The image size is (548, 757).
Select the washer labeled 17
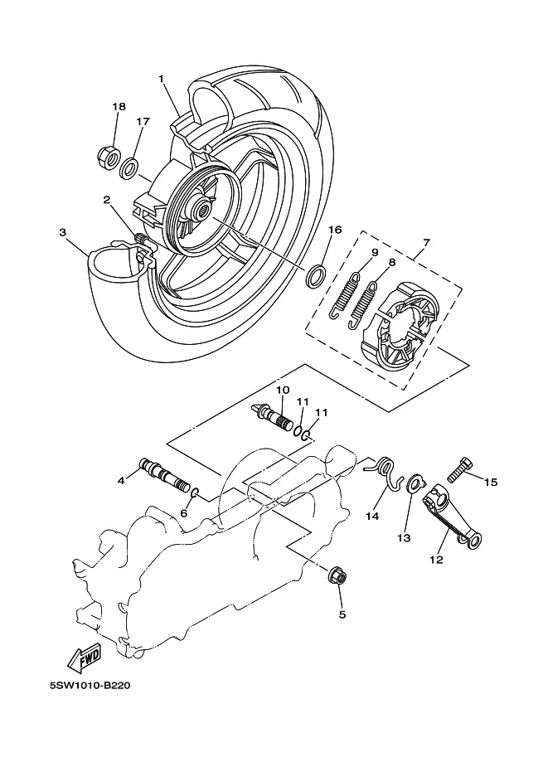click(x=129, y=168)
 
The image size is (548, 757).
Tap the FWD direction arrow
click(x=85, y=658)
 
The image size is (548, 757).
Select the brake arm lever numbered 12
click(x=453, y=521)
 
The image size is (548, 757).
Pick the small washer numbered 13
click(x=415, y=483)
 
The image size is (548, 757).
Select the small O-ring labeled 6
click(x=196, y=493)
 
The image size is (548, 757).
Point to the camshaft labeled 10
click(x=274, y=416)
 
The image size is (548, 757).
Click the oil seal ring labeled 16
click(x=316, y=275)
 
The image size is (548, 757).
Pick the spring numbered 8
click(x=362, y=306)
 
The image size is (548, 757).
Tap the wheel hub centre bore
click(x=203, y=210)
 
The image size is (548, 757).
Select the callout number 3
click(x=63, y=232)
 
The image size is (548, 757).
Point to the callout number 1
click(x=162, y=78)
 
